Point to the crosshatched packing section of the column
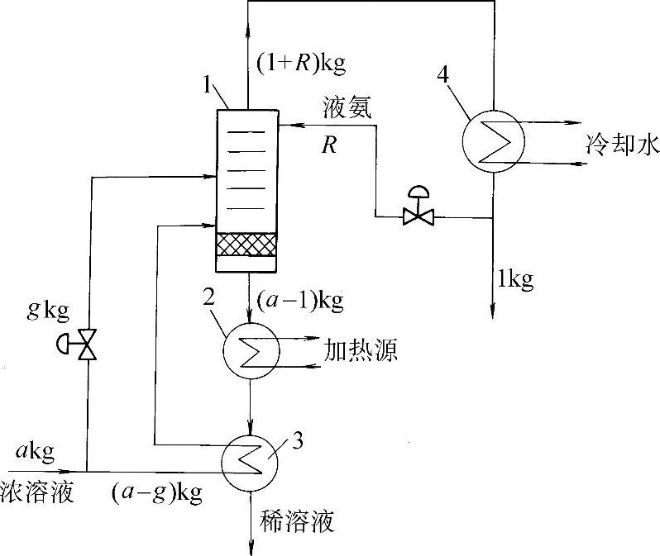(246, 245)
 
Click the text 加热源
(366, 352)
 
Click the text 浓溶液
(38, 494)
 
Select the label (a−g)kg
(157, 493)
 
